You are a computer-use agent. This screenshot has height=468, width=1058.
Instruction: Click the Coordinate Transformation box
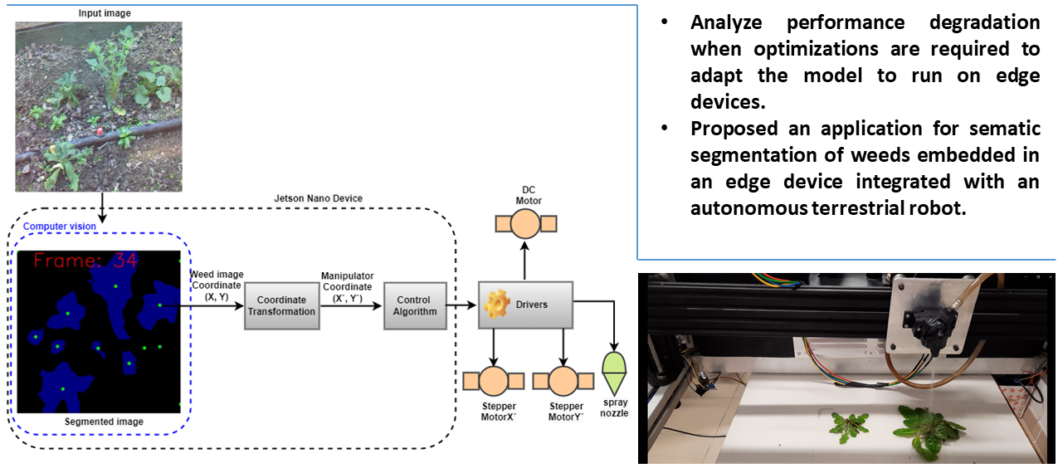click(x=281, y=305)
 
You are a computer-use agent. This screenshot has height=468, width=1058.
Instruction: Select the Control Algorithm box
click(x=414, y=305)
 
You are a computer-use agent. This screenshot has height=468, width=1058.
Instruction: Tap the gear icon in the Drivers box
click(x=496, y=305)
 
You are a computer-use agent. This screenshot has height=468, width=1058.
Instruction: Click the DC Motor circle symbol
click(x=525, y=224)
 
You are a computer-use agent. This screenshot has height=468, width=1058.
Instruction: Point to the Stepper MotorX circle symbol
click(x=493, y=381)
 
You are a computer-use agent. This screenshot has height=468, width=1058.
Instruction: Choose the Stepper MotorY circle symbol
click(x=563, y=381)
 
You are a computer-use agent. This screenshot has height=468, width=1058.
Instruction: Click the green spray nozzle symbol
click(x=614, y=372)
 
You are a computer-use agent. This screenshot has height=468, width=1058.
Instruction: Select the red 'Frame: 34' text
click(x=85, y=261)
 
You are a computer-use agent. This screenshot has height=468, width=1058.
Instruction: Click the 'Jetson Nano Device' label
click(x=318, y=199)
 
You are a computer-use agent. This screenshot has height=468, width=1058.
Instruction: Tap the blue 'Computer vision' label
click(x=59, y=227)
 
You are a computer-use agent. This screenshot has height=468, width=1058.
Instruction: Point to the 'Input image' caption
click(x=105, y=13)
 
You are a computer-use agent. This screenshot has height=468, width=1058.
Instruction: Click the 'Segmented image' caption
click(x=104, y=422)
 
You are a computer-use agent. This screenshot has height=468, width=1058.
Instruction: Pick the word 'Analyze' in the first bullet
click(x=727, y=22)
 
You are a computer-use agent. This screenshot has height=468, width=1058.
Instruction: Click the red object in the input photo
click(x=100, y=131)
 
